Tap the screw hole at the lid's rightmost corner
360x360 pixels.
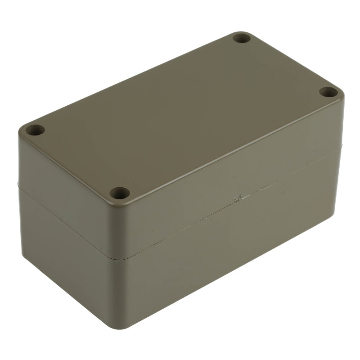click(328, 92)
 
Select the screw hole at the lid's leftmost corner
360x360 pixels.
click(34, 131)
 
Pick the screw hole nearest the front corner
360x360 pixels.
click(120, 193)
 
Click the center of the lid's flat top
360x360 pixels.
click(180, 112)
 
